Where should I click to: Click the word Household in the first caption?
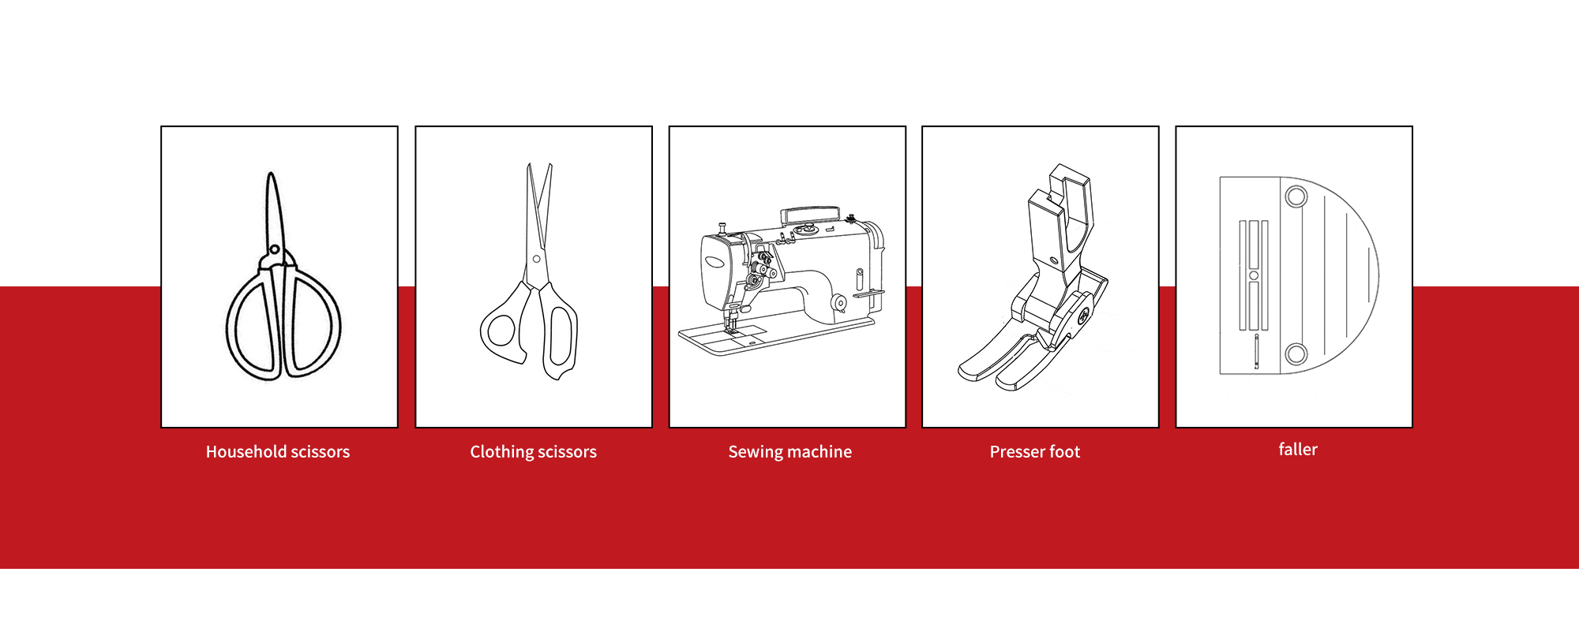pos(246,452)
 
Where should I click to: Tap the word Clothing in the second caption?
pos(502,452)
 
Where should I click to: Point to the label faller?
pos(1297,450)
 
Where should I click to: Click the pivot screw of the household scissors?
pos(274,249)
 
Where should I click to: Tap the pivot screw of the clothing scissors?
pos(536,259)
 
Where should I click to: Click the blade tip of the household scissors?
pos(271,176)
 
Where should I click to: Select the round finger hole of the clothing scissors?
pos(501,331)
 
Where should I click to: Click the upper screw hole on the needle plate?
pos(1296,196)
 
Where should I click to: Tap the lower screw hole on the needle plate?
pos(1296,353)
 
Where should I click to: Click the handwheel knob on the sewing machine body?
pos(839,303)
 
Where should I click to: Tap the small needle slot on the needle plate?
pos(1256,351)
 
